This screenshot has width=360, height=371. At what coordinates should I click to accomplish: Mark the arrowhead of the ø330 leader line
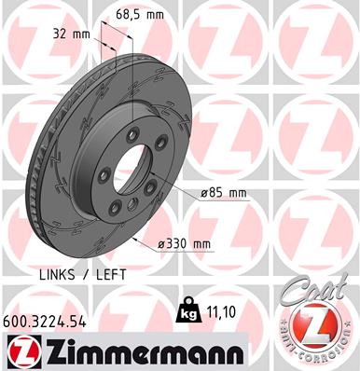(x=138, y=238)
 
